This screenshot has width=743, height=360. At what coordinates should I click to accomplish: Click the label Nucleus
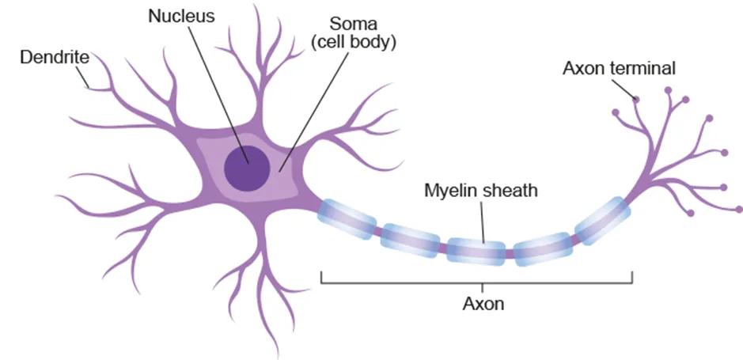click(181, 16)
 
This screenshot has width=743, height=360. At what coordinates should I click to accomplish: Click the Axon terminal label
click(619, 68)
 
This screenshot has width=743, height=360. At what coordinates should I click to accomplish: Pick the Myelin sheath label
click(481, 191)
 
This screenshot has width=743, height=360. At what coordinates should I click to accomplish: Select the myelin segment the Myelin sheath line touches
click(476, 250)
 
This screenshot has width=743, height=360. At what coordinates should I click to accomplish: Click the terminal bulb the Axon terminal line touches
click(636, 99)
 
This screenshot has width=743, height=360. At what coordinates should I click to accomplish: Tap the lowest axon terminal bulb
click(692, 213)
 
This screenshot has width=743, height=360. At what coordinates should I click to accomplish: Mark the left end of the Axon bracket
click(321, 278)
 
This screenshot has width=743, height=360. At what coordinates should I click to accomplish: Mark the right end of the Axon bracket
click(631, 278)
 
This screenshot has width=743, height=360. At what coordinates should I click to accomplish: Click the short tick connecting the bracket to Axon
click(483, 287)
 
